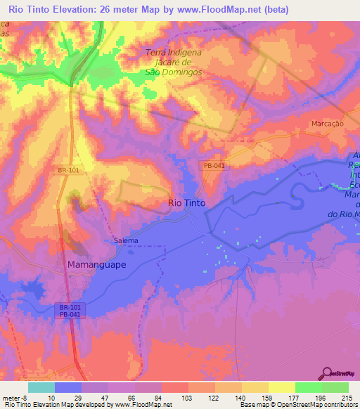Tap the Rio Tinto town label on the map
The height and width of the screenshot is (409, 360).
click(x=188, y=203)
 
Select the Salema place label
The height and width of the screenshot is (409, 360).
click(x=126, y=240)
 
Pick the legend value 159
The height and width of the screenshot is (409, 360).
click(x=264, y=397)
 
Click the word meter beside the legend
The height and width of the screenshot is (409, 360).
click(x=12, y=397)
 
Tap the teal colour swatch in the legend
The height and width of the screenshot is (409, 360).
click(x=41, y=387)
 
